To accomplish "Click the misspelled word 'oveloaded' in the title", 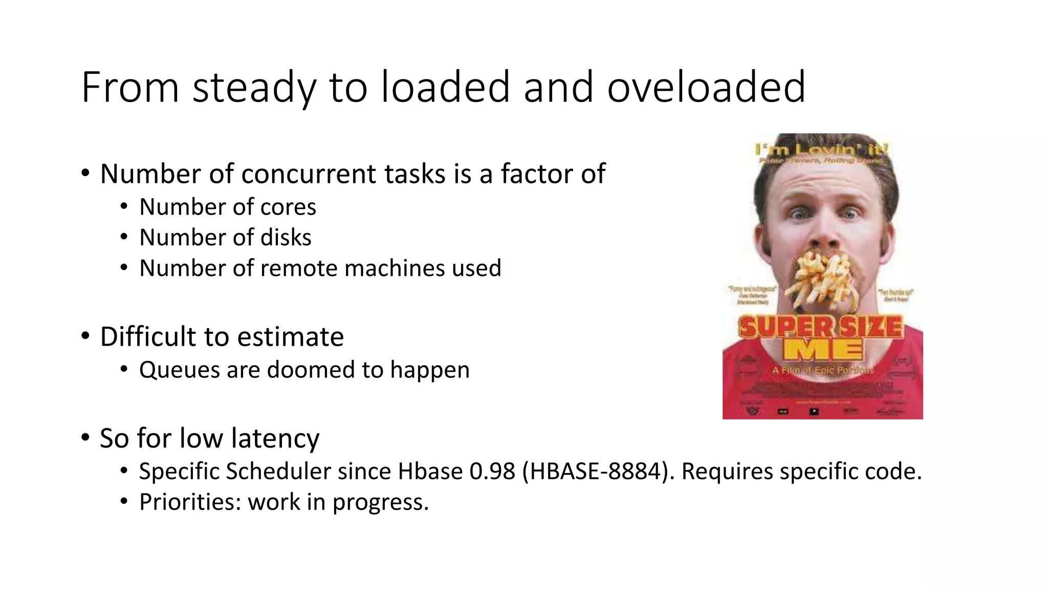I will (x=706, y=87).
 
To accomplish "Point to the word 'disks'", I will (x=286, y=238).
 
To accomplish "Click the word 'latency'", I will (x=275, y=438).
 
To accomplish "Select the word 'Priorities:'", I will (x=190, y=502).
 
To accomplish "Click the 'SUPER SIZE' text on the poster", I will (x=821, y=327).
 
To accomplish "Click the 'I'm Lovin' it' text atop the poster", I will (x=822, y=150).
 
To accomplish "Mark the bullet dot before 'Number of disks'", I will (x=123, y=237).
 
